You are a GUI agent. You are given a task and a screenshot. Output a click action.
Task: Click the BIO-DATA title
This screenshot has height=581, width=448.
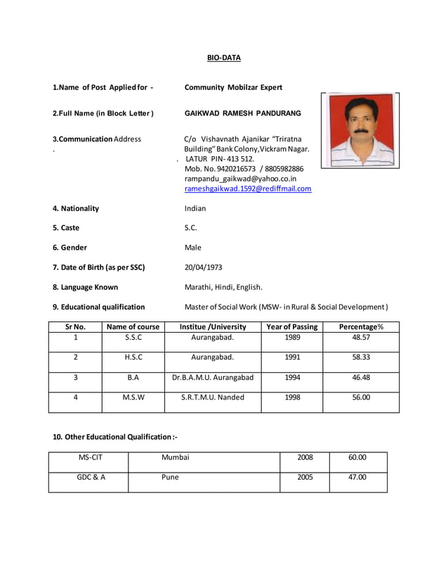coord(223,58)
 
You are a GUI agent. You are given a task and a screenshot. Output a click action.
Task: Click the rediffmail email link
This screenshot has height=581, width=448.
coord(247,189)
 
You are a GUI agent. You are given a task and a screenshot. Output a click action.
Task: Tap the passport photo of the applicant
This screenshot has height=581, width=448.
coord(360,131)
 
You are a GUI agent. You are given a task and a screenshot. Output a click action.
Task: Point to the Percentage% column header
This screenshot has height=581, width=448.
coord(361,327)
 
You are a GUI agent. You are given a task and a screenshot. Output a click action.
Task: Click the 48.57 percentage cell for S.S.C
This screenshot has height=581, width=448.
coord(361,337)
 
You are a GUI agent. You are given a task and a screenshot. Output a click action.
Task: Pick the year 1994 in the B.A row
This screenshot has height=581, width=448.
coord(292,377)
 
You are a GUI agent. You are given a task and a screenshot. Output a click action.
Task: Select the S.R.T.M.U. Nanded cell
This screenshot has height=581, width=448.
coord(213,397)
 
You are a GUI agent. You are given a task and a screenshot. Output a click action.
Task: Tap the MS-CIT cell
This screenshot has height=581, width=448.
coord(90,457)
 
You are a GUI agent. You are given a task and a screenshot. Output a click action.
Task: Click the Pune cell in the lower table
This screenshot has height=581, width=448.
coord(170,477)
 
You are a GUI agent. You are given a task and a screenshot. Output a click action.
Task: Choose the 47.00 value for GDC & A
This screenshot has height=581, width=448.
coord(357,477)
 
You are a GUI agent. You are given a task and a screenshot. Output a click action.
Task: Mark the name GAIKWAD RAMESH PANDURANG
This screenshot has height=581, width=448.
coord(242,113)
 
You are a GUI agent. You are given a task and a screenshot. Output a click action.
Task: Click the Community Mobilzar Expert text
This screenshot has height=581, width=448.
coord(233,88)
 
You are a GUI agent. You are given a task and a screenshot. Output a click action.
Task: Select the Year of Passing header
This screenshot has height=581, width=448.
coord(292,327)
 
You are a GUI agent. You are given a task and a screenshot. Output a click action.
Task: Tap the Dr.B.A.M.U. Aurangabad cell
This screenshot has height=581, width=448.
coord(213,377)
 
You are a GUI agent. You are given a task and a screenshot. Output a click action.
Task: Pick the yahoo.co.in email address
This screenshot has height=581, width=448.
coord(240,179)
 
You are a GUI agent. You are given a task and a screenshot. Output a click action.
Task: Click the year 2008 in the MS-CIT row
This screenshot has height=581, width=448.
coord(305,457)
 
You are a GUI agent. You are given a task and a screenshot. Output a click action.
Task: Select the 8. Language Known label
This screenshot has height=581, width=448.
coord(85,287)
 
